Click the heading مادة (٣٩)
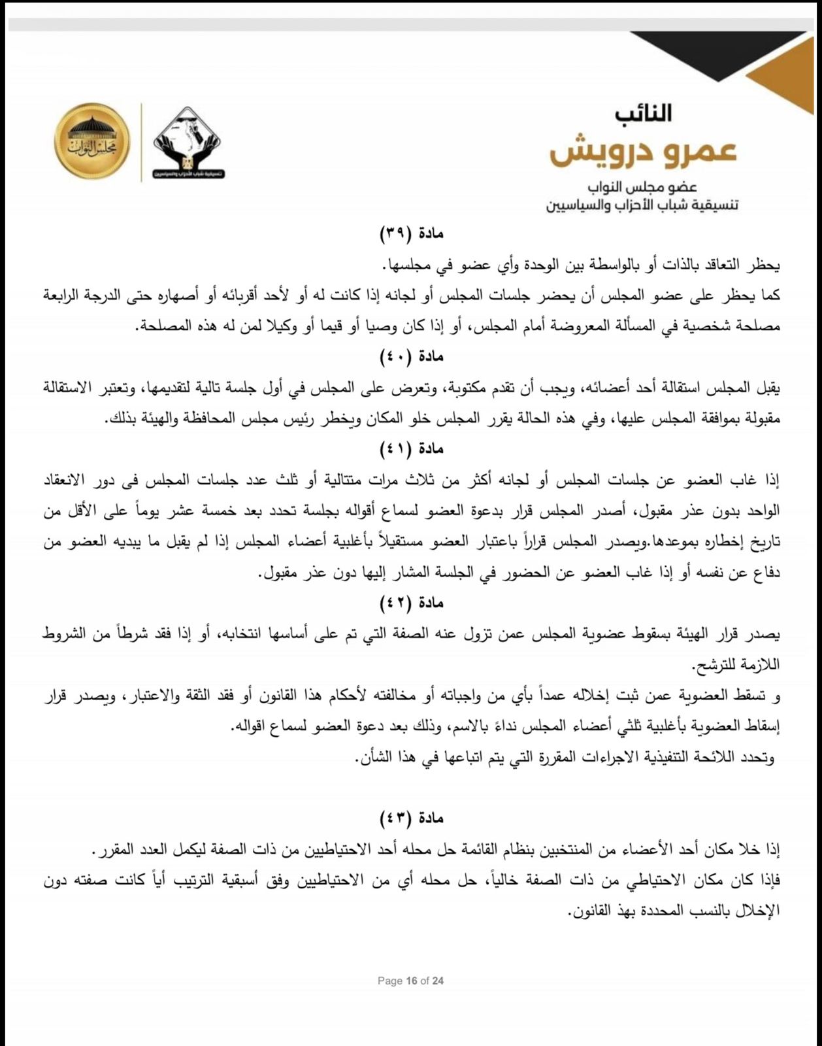pos(412,233)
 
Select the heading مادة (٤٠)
pos(412,356)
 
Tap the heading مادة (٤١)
pos(412,448)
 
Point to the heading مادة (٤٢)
pos(412,603)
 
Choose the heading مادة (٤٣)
pos(412,818)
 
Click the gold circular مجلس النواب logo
pos(92,141)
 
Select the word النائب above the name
pos(643,113)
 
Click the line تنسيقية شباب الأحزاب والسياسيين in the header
pos(643,205)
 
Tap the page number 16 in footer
pos(411,981)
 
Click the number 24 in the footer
pos(438,981)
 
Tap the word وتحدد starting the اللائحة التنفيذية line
pos(758,757)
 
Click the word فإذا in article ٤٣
pos(768,880)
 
